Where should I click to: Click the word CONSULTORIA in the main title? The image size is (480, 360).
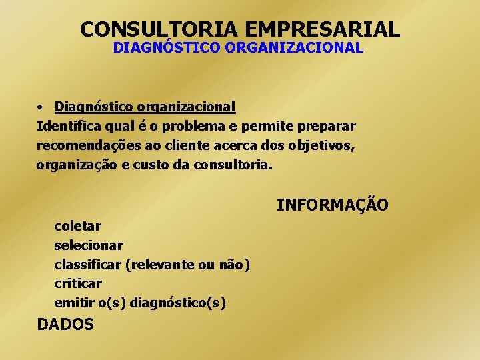pyautogui.click(x=160, y=29)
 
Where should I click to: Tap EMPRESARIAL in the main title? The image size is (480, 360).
pyautogui.click(x=323, y=29)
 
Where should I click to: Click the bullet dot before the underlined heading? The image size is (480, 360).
pyautogui.click(x=41, y=107)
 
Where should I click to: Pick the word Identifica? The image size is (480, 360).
pyautogui.click(x=67, y=126)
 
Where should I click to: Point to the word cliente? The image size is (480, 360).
pyautogui.click(x=191, y=145)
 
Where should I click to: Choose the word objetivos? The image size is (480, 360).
pyautogui.click(x=323, y=145)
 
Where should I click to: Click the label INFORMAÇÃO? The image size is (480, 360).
pyautogui.click(x=332, y=205)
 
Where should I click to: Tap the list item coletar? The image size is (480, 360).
pyautogui.click(x=77, y=226)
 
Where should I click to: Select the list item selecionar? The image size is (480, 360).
pyautogui.click(x=89, y=245)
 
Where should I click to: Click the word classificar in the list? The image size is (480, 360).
pyautogui.click(x=87, y=265)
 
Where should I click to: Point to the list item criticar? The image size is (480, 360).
pyautogui.click(x=78, y=284)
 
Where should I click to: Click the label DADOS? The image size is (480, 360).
pyautogui.click(x=65, y=325)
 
